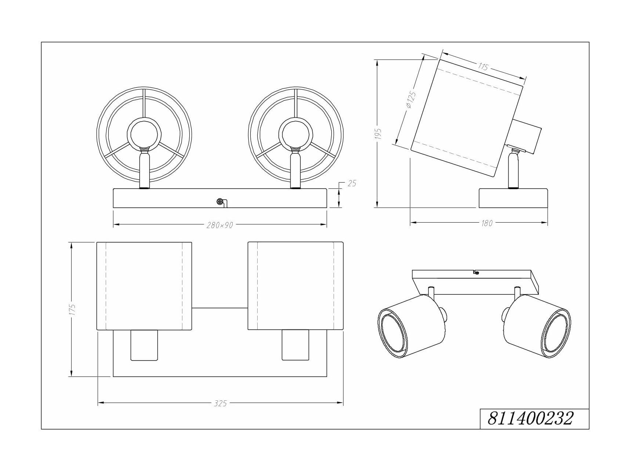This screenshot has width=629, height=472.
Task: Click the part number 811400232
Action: coord(530,418)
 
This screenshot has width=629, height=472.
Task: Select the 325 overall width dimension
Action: coord(220,403)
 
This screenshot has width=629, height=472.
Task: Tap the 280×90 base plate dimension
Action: coord(219,225)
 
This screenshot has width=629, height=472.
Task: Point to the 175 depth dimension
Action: coord(72,309)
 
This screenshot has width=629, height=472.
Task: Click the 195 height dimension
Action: coord(379,134)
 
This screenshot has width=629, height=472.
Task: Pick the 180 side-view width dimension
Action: coord(487,223)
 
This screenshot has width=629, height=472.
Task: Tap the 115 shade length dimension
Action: coord(483,67)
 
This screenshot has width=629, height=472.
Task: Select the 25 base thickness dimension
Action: coord(352,183)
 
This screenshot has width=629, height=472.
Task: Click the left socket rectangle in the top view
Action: coord(144,345)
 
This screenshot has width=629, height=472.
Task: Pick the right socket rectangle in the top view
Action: coord(295,345)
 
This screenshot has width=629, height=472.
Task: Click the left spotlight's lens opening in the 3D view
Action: coord(392,332)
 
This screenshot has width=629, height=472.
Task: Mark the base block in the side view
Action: coord(513,198)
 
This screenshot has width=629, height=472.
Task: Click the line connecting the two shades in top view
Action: coord(220,308)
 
